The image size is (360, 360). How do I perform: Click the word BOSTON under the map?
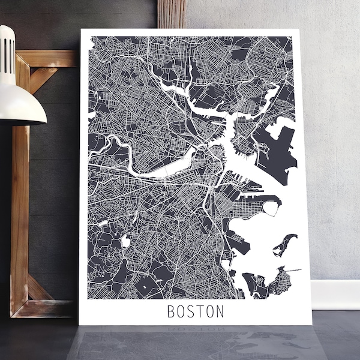click(195, 312)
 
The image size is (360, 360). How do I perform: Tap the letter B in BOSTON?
click(170, 312)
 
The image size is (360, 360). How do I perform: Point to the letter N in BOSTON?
click(220, 312)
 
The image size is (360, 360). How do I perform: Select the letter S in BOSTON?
click(190, 312)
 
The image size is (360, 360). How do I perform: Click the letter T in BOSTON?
click(200, 312)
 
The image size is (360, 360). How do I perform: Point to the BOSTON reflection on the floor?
click(195, 332)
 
